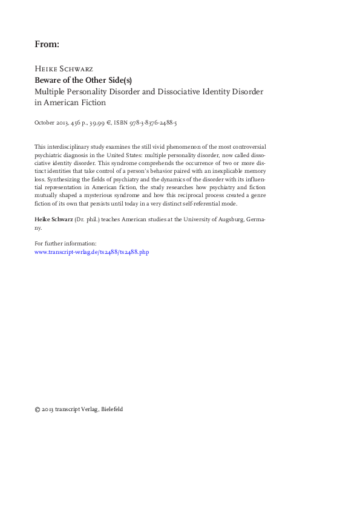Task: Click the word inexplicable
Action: pyautogui.click(x=224, y=172)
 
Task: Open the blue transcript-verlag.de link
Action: pyautogui.click(x=91, y=251)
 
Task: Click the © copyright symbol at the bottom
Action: pyautogui.click(x=38, y=409)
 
